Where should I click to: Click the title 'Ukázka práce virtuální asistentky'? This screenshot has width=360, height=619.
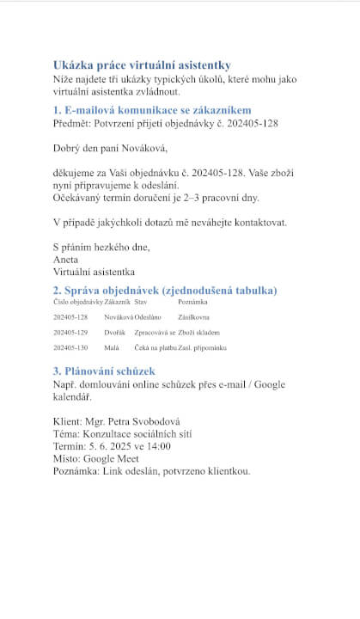pos(142,65)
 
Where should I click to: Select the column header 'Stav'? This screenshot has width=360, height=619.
pos(141,302)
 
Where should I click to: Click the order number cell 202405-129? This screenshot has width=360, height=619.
pos(70,332)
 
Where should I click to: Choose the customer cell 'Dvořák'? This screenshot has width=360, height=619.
pos(115,332)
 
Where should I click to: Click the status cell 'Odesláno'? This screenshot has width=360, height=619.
pos(148,317)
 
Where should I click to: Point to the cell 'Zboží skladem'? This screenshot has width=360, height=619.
pos(199,332)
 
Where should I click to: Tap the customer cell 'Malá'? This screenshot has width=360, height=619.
pos(112,347)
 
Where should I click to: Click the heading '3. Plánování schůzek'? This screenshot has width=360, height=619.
pos(104,371)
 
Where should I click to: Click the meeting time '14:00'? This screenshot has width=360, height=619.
pos(158,446)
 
